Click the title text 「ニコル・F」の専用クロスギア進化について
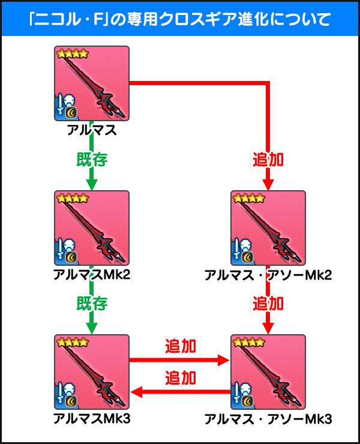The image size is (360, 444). click(x=180, y=17)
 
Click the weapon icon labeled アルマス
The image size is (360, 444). click(x=92, y=83)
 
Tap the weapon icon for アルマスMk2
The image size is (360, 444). click(x=92, y=228)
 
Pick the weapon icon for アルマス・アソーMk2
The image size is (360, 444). click(x=268, y=228)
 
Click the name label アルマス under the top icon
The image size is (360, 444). click(x=92, y=129)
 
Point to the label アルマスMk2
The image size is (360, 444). click(x=92, y=274)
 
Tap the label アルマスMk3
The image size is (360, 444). click(x=92, y=418)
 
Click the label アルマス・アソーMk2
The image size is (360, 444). click(x=268, y=274)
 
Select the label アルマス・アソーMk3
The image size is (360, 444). click(x=268, y=418)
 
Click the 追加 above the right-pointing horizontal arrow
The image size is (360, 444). click(x=180, y=347)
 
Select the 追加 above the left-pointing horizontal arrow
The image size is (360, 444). click(x=180, y=378)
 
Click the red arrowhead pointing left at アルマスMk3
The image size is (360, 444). click(x=136, y=392)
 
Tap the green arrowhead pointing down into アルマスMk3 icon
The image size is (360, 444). click(x=92, y=329)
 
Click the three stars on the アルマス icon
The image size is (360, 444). click(x=73, y=54)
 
